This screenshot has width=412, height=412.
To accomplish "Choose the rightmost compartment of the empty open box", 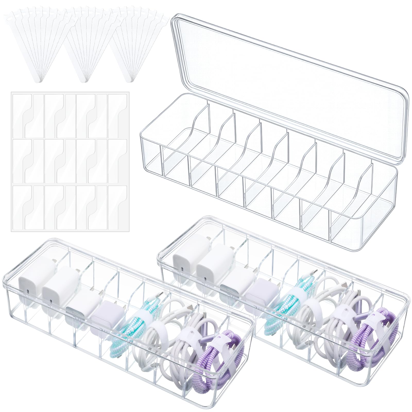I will coord(360,219).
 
